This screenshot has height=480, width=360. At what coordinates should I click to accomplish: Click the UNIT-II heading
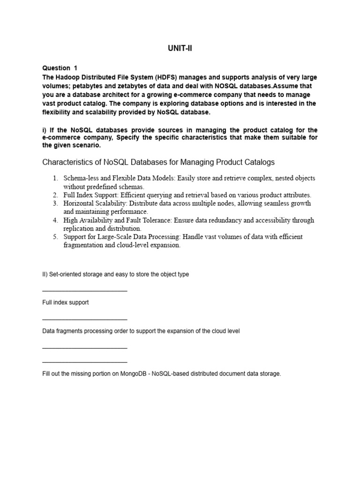(x=180, y=49)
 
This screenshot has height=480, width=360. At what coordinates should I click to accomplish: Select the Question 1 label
(x=60, y=68)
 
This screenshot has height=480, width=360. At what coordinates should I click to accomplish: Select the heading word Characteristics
(x=69, y=162)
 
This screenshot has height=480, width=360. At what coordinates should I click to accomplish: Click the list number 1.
(x=55, y=179)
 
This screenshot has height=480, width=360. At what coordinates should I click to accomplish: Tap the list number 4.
(x=55, y=220)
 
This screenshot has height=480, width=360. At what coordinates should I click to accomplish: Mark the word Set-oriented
(x=63, y=274)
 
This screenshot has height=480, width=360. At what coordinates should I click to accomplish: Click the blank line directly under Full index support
(x=84, y=319)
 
